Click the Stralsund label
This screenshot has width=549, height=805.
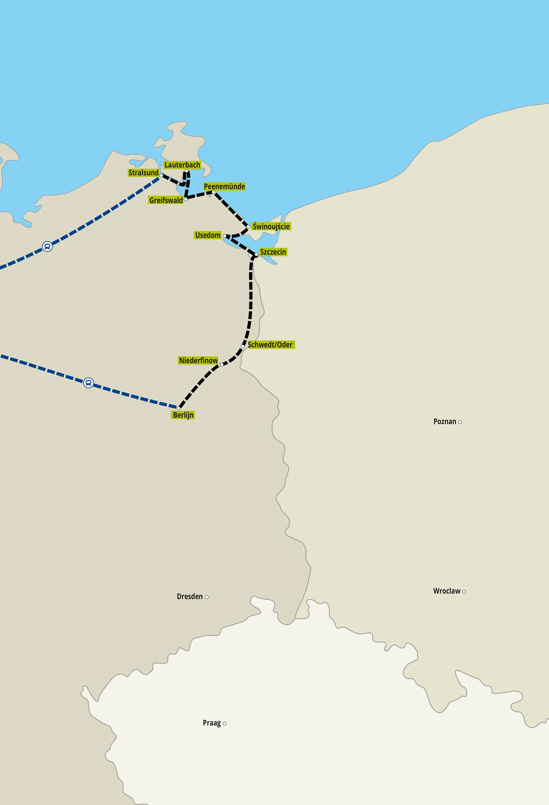point(143,173)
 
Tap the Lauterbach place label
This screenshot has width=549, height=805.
point(182,165)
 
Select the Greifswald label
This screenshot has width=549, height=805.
point(166,200)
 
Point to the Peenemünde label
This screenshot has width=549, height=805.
point(224,186)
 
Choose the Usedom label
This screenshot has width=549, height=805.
point(208,235)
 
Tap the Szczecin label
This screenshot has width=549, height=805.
point(273,252)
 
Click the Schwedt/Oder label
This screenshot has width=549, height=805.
point(270,344)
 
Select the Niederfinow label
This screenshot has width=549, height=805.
point(198,360)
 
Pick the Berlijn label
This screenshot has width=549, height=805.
point(183,415)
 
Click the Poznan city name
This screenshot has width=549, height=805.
point(445,422)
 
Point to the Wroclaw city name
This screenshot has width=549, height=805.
point(447,591)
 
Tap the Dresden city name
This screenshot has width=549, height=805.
point(190,596)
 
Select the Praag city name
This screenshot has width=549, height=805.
point(212,723)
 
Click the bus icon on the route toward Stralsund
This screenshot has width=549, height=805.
point(47,247)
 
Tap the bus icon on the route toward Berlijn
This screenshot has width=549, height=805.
point(89,383)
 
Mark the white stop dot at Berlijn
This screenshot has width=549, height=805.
point(179,408)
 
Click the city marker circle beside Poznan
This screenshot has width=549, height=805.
point(460,422)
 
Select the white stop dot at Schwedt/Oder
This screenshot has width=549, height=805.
point(243,346)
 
